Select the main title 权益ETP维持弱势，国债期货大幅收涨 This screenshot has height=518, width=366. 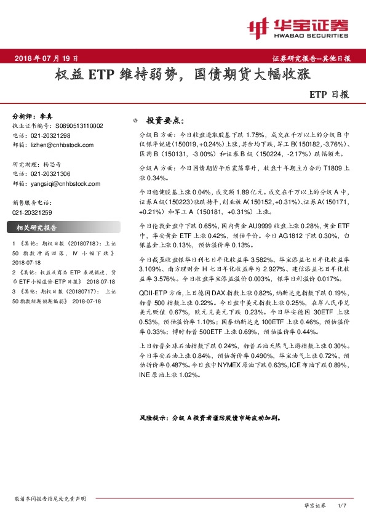click(182, 76)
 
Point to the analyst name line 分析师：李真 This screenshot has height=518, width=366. click(33, 116)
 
